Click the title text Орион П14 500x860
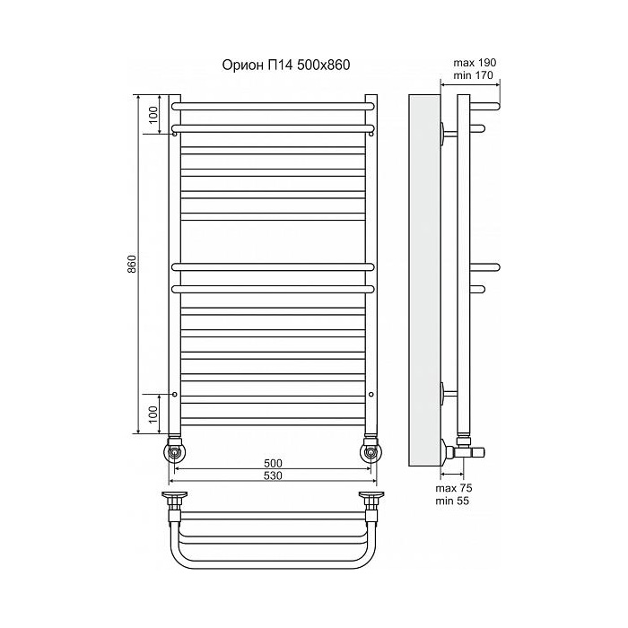(x=286, y=65)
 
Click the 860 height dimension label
(x=132, y=264)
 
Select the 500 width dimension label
(x=273, y=463)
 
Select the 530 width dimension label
(x=273, y=475)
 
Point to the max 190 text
(x=475, y=63)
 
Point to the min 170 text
(x=474, y=74)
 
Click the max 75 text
(x=454, y=488)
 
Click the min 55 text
(x=452, y=501)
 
